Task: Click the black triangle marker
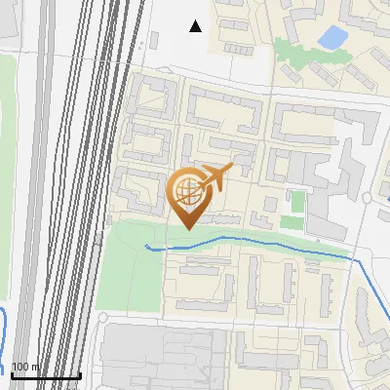[196, 26]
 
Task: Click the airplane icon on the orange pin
[215, 177]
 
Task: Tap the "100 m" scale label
[25, 367]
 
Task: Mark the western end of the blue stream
[147, 247]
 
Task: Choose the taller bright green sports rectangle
[298, 202]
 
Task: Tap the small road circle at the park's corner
[102, 318]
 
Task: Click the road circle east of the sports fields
[366, 198]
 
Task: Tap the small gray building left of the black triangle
[152, 40]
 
